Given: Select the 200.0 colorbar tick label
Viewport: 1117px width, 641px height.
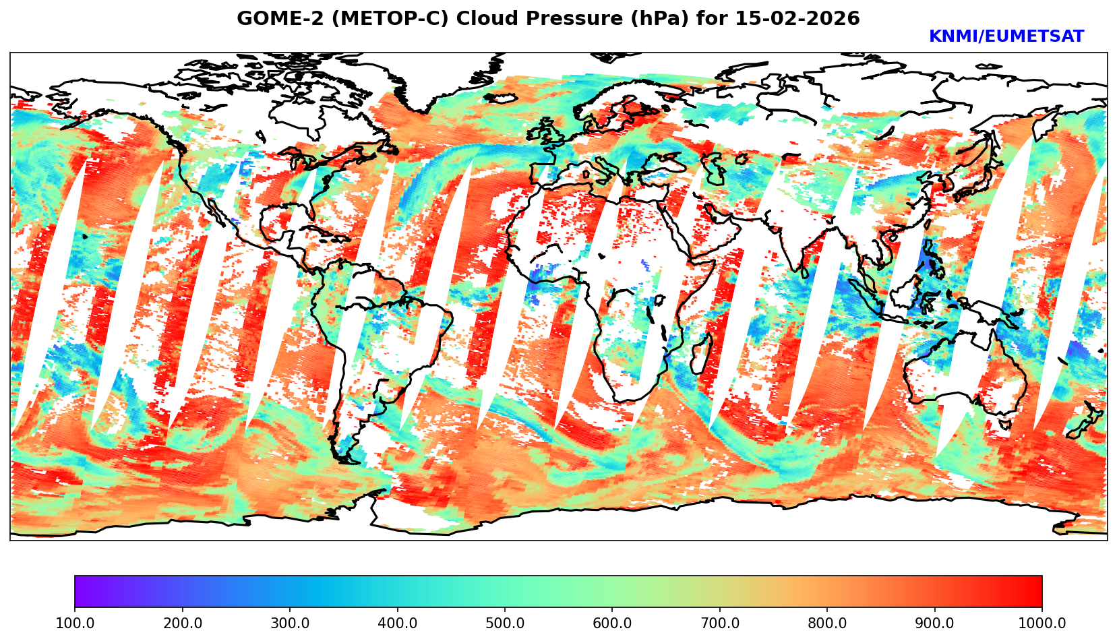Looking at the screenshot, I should click(183, 623).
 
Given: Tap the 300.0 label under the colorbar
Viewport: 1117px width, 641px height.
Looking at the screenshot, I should click(290, 623).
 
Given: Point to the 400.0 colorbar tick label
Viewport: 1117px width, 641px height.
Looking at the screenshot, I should click(398, 623).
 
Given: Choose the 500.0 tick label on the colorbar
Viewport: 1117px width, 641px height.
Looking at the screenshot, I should click(505, 623).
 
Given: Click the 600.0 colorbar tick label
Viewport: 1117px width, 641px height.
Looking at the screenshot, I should click(612, 623).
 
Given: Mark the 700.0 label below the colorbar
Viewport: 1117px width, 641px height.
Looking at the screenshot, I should click(720, 623).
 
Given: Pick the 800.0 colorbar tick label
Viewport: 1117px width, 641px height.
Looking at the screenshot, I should click(827, 623).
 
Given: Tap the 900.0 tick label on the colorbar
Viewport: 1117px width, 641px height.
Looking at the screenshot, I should click(934, 623).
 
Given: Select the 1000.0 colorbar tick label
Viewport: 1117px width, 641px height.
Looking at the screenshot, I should click(1042, 623).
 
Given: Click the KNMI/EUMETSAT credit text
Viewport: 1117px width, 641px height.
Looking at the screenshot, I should click(1006, 36).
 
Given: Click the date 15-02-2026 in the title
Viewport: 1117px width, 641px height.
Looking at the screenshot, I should click(797, 18).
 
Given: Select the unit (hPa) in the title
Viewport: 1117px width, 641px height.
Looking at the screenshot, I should click(659, 18).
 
